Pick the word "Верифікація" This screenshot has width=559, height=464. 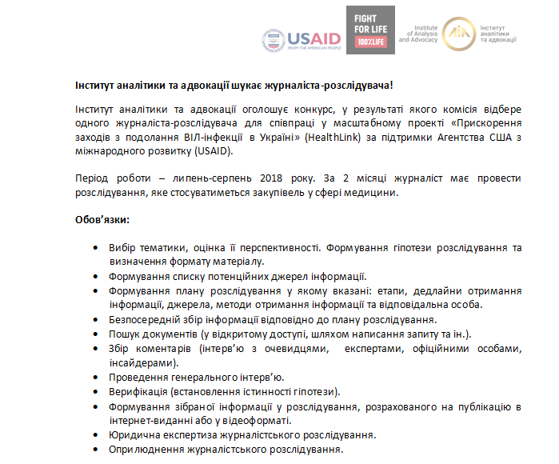coord(135,391)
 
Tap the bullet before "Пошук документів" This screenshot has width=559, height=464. coord(96,334)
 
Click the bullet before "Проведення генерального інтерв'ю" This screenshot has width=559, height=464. coord(96,377)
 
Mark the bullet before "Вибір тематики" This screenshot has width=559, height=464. coord(96,248)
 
